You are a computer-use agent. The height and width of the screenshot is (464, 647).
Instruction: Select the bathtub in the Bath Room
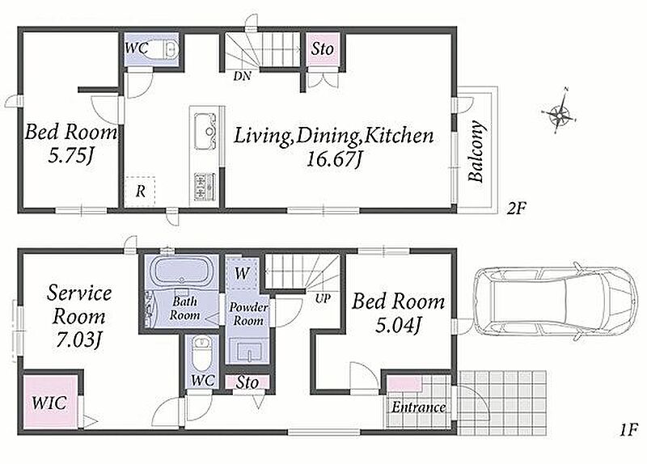pyautogui.click(x=180, y=271)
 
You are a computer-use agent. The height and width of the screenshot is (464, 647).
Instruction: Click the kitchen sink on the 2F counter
pyautogui.click(x=205, y=131)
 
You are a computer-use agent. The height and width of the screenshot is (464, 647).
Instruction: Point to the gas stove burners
pyautogui.click(x=205, y=187)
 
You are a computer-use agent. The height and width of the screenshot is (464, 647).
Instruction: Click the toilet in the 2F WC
pyautogui.click(x=163, y=49)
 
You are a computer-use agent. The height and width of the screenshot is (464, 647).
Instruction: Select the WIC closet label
pyautogui.click(x=49, y=403)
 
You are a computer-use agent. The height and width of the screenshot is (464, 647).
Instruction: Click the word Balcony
pyautogui.click(x=476, y=151)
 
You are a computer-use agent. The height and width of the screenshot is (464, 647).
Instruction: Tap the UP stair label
pyautogui.click(x=323, y=298)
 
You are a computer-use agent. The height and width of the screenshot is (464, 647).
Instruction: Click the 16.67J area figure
pyautogui.click(x=334, y=158)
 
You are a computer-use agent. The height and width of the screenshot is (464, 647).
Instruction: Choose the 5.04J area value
pyautogui.click(x=398, y=326)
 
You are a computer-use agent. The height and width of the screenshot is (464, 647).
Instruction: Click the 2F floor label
pyautogui.click(x=517, y=209)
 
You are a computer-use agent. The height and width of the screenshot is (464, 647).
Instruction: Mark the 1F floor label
pyautogui.click(x=629, y=430)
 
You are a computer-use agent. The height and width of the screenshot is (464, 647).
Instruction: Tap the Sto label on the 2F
pyautogui.click(x=322, y=49)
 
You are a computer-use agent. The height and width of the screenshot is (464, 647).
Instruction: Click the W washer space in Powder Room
pyautogui.click(x=242, y=273)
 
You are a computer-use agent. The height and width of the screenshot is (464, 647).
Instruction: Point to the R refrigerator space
pyautogui.click(x=140, y=192)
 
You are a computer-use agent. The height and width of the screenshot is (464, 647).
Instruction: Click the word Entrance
pyautogui.click(x=418, y=407)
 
